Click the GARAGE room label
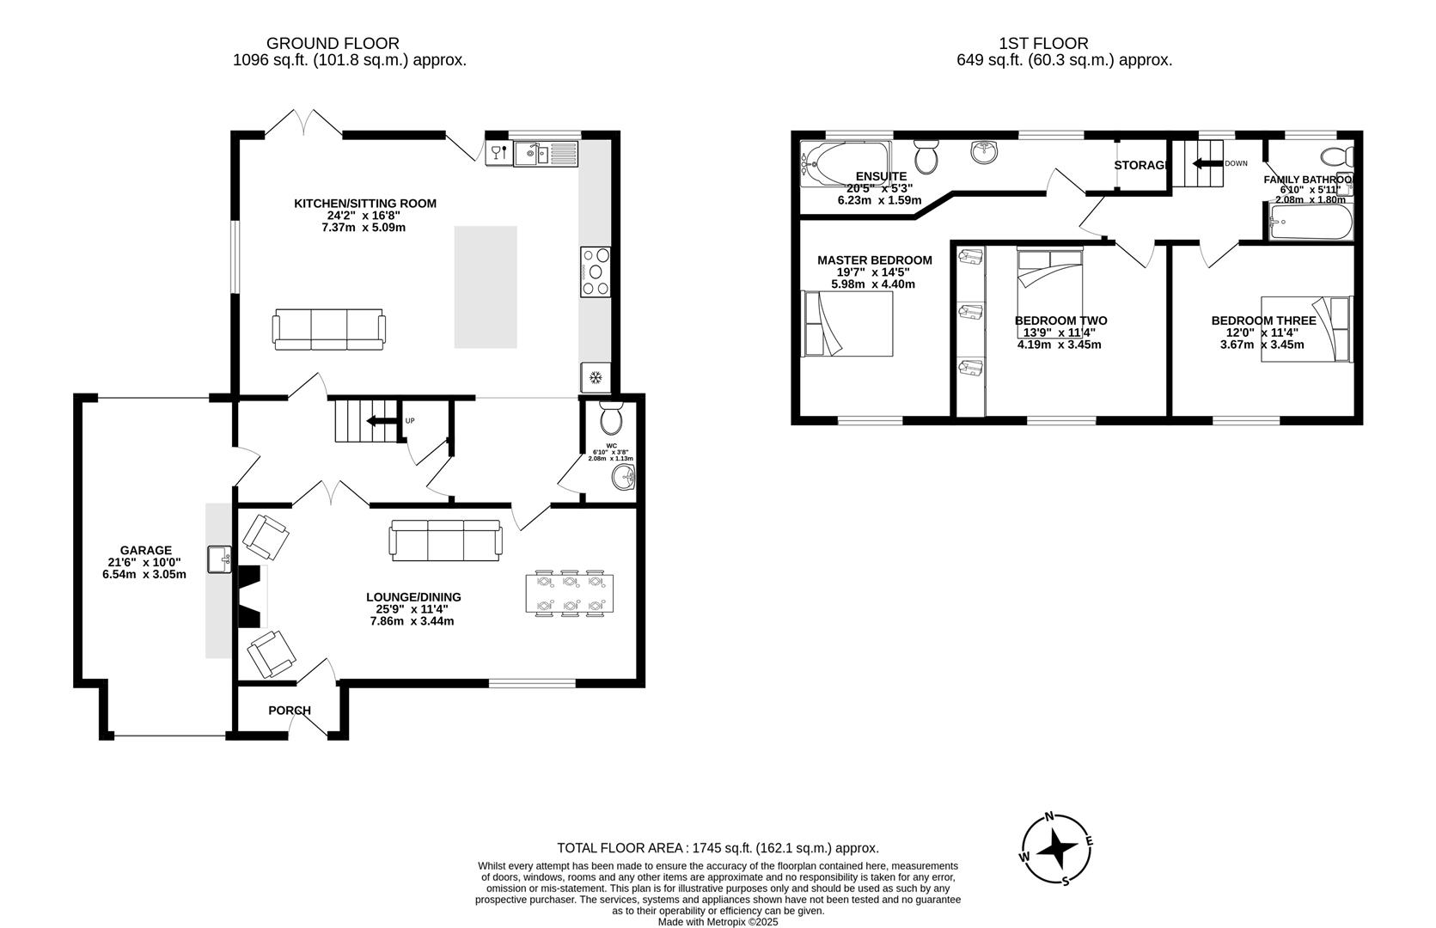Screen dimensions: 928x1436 pos(145,550)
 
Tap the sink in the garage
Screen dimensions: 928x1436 pos(220,559)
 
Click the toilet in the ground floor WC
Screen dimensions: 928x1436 pos(611,418)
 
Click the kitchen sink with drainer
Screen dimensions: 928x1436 pos(546,155)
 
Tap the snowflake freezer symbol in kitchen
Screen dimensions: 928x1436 pos(595,376)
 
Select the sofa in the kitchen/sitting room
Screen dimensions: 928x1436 pos(329,329)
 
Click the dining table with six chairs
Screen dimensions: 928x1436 pos(569,593)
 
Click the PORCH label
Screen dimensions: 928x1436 pos(290,711)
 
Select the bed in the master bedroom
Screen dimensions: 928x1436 pos(847,323)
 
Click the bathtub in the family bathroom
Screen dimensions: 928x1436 pos(1309,222)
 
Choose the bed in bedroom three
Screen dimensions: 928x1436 pos(1306,329)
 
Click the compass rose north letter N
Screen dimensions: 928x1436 pos(1048,817)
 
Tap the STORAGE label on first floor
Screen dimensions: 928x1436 pos(1141,165)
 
